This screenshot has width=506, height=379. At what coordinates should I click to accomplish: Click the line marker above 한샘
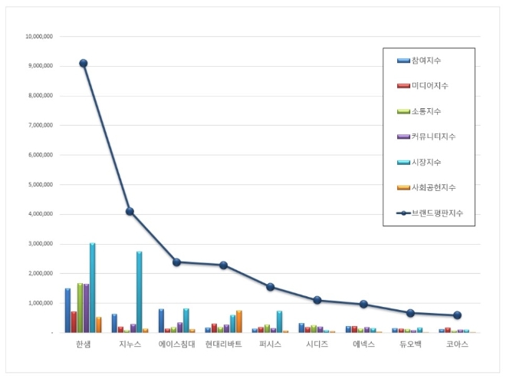(84, 64)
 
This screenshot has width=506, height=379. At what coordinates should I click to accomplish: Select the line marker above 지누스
(130, 211)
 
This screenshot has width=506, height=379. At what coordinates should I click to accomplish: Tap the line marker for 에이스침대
(177, 262)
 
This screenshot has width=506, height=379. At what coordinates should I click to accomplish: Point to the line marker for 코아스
(458, 315)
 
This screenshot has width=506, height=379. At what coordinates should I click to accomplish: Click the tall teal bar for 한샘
(93, 288)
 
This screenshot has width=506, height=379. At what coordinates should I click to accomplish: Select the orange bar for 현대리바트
(238, 321)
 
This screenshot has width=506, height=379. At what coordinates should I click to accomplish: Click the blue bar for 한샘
(67, 310)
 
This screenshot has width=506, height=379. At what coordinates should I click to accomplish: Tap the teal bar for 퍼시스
(279, 321)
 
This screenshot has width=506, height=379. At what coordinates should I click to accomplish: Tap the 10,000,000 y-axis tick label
(38, 36)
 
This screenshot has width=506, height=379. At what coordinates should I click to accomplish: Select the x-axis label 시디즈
(317, 345)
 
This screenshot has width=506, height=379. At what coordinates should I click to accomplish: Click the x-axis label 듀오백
(411, 345)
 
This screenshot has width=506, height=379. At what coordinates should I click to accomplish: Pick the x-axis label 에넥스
(364, 345)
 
